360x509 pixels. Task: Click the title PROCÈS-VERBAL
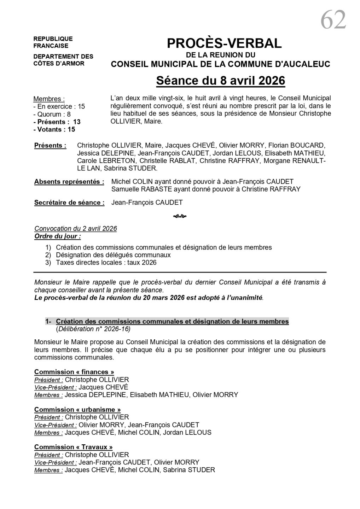pyautogui.click(x=224, y=43)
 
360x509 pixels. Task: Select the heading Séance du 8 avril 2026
pyautogui.click(x=220, y=81)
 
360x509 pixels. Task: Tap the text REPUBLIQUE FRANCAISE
pyautogui.click(x=53, y=42)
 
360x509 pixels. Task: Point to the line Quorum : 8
pyautogui.click(x=52, y=114)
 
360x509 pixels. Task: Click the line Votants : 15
pyautogui.click(x=54, y=129)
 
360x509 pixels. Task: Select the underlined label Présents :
pyautogui.click(x=50, y=146)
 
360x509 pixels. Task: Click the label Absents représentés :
pyautogui.click(x=69, y=182)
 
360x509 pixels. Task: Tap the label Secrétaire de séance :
pyautogui.click(x=69, y=203)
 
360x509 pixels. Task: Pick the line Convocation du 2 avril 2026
pyautogui.click(x=76, y=228)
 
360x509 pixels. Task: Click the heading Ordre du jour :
pyautogui.click(x=58, y=236)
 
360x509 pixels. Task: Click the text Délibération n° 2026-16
pyautogui.click(x=93, y=329)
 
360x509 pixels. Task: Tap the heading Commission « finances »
pyautogui.click(x=74, y=372)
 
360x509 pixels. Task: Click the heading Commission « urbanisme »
pyautogui.click(x=77, y=409)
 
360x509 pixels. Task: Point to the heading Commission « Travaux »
pyautogui.click(x=74, y=447)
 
